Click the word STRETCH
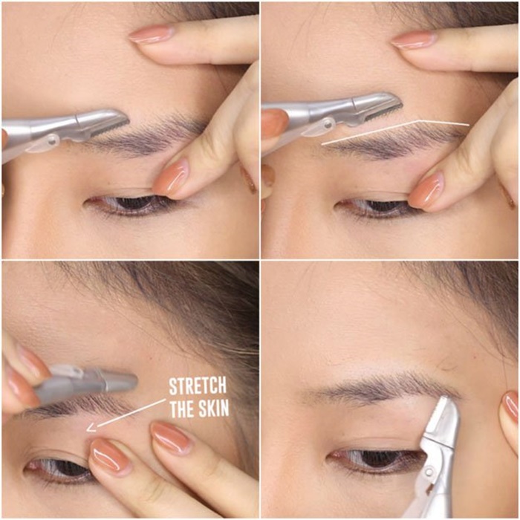198,386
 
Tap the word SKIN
213,409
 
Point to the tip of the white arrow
87,430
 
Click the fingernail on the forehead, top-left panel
151,34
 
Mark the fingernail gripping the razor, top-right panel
274,123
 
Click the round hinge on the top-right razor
328,124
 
